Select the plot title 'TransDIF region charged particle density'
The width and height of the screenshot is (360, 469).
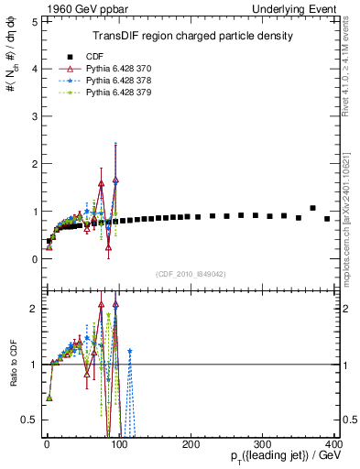(x=193, y=37)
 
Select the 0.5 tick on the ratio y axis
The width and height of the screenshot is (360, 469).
(x=29, y=420)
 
